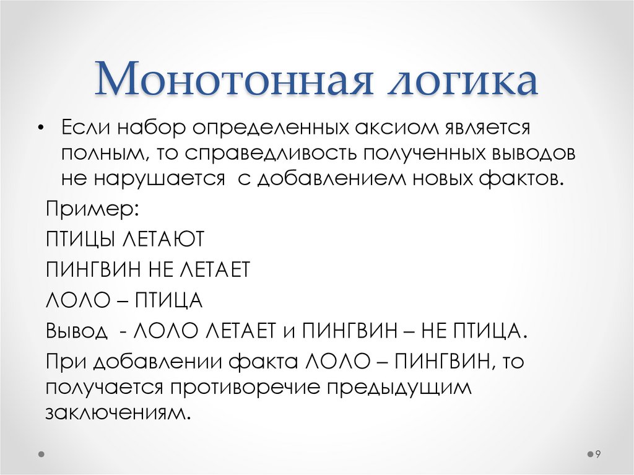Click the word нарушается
[x=159, y=178]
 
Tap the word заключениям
[x=115, y=412]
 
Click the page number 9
[x=598, y=454]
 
